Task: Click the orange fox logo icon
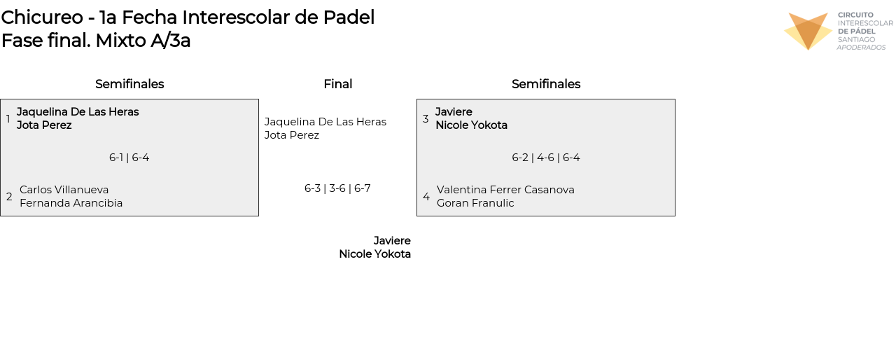click(808, 31)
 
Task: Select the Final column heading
click(337, 84)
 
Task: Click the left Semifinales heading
click(129, 84)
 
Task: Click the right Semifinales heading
click(546, 84)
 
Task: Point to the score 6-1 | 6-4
click(129, 158)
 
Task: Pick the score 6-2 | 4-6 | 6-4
click(546, 158)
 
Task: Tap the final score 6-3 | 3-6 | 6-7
click(337, 188)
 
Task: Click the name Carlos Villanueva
click(64, 190)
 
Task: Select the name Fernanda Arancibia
click(71, 203)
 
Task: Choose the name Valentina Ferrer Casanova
click(505, 190)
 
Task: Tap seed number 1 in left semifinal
click(8, 119)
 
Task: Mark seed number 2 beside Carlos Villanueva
click(9, 197)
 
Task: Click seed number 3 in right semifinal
click(426, 119)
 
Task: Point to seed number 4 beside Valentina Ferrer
click(426, 197)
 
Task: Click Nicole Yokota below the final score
click(374, 254)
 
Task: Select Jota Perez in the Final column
click(292, 135)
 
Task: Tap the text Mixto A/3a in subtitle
click(143, 41)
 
